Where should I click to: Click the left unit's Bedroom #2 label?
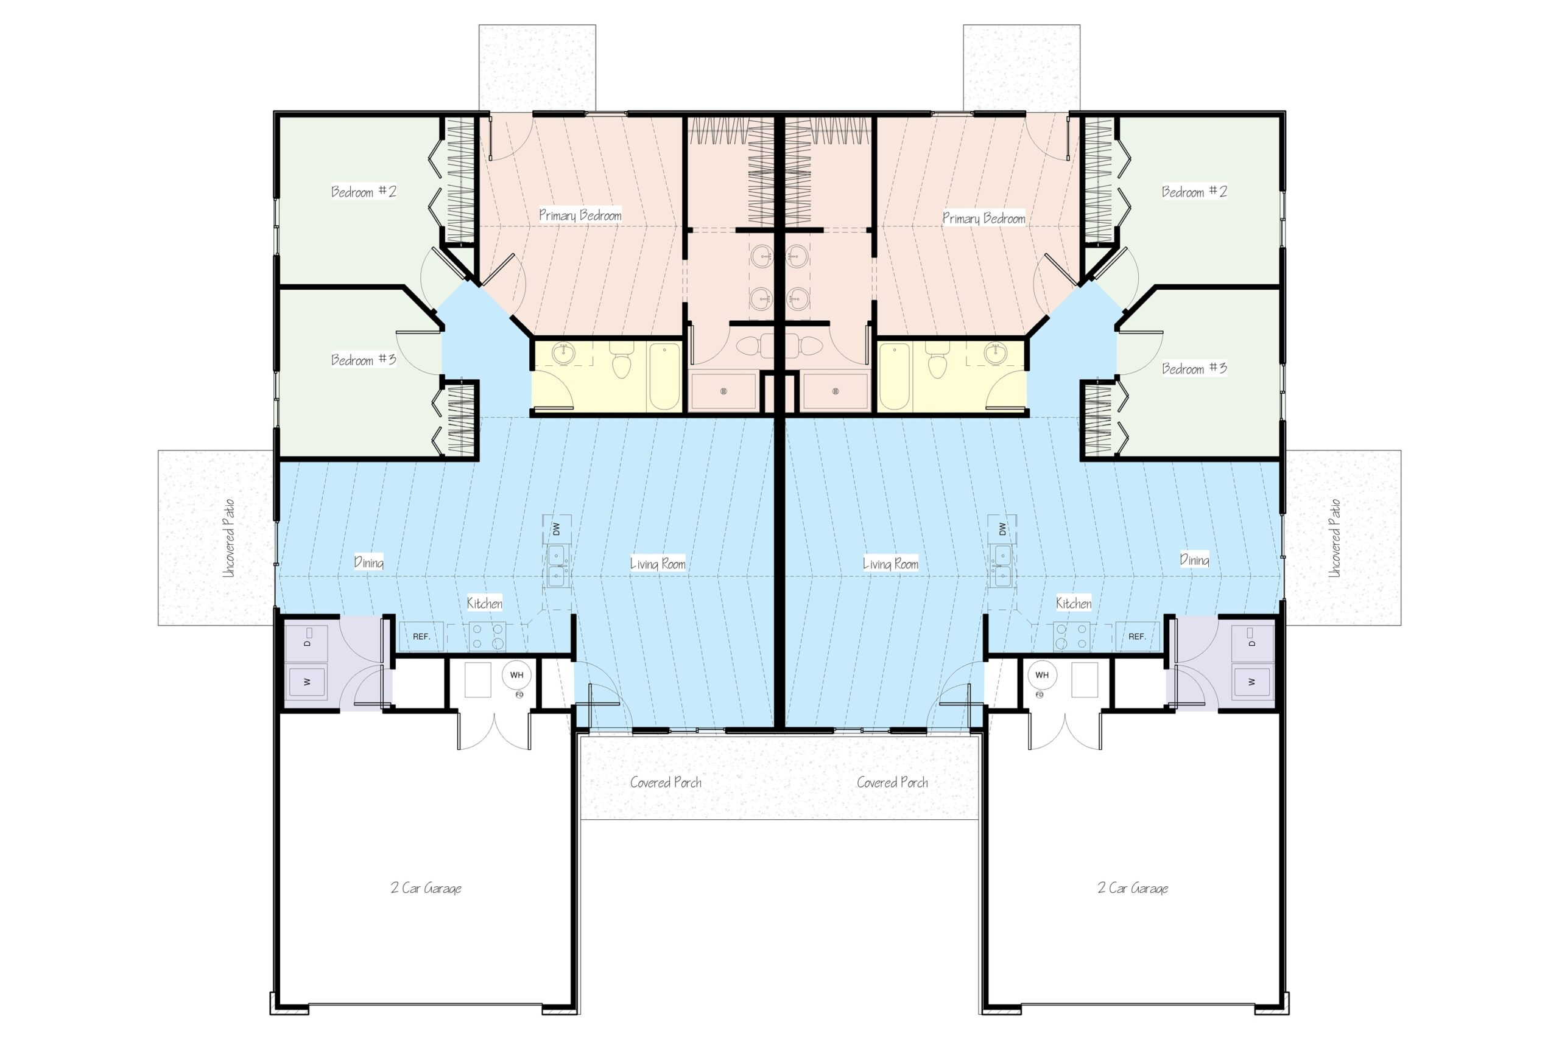tap(364, 192)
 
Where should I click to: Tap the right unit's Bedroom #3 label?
tap(1194, 368)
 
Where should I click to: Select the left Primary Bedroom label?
tap(580, 215)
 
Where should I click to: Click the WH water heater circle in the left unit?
tap(516, 675)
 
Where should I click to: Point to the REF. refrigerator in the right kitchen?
tap(1137, 636)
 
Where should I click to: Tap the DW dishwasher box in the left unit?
tap(557, 529)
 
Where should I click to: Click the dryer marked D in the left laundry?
tap(307, 643)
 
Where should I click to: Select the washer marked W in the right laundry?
tap(1252, 681)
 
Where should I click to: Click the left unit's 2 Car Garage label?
tap(426, 888)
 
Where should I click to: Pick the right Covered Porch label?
tap(892, 782)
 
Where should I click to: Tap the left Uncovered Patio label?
tap(229, 538)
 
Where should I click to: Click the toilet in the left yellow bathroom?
tap(621, 360)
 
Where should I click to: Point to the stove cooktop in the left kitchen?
tap(487, 636)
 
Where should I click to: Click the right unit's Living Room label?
tap(891, 564)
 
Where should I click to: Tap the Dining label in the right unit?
tap(1194, 560)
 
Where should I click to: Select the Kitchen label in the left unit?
tap(485, 603)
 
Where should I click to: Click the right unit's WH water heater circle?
tap(1042, 675)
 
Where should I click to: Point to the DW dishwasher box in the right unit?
tap(1002, 529)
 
